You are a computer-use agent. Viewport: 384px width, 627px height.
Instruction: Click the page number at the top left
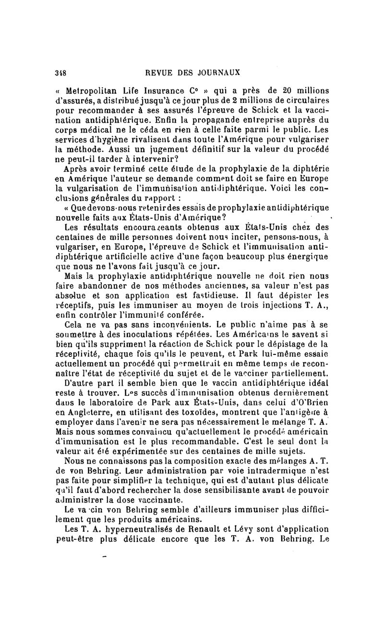(x=60, y=73)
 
